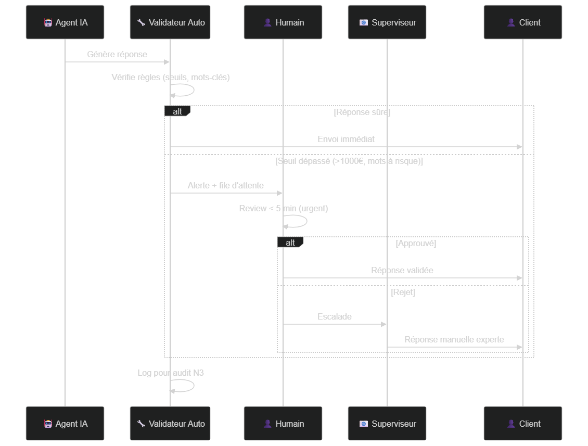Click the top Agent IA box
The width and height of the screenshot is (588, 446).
(x=65, y=22)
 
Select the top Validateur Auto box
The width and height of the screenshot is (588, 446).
(x=170, y=22)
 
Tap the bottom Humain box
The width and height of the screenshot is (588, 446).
(x=283, y=423)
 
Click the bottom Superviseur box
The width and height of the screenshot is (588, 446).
(x=387, y=423)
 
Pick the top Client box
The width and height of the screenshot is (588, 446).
(x=523, y=22)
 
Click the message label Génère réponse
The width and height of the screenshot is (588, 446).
(x=117, y=55)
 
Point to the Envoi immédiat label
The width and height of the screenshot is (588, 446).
(x=346, y=139)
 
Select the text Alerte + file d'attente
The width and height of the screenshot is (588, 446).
(x=226, y=185)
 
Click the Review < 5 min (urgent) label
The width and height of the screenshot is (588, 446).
(x=284, y=208)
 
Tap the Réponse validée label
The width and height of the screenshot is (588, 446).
(x=402, y=270)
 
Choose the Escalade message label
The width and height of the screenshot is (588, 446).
(x=335, y=316)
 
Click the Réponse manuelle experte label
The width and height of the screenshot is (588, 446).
(x=454, y=339)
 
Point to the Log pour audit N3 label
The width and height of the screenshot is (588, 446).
(x=171, y=373)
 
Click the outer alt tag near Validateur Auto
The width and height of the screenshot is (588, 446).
(x=177, y=111)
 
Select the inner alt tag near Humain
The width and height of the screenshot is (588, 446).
(x=290, y=243)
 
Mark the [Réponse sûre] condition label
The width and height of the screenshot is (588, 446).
(x=362, y=112)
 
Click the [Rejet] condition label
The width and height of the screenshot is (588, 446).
(x=403, y=292)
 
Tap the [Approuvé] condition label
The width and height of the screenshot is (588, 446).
(x=416, y=244)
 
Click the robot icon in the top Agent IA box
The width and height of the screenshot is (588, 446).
(x=48, y=22)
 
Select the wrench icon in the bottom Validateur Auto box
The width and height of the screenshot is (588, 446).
(x=141, y=424)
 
